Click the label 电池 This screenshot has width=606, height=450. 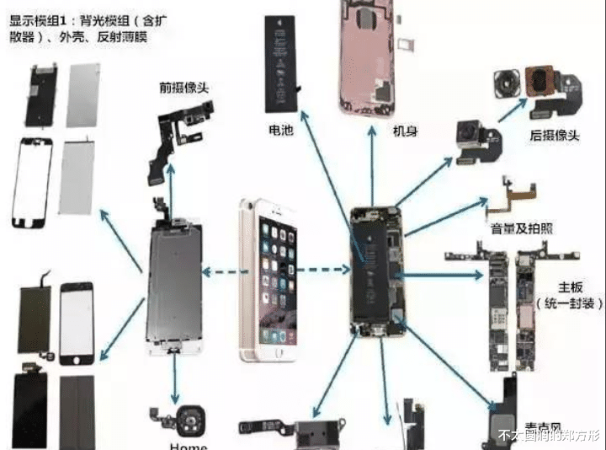(280, 132)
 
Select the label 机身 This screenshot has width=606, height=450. (405, 131)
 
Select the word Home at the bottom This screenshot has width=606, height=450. (188, 444)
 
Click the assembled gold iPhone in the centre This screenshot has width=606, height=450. (269, 278)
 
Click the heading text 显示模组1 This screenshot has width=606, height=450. (39, 18)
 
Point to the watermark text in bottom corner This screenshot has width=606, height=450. (546, 436)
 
